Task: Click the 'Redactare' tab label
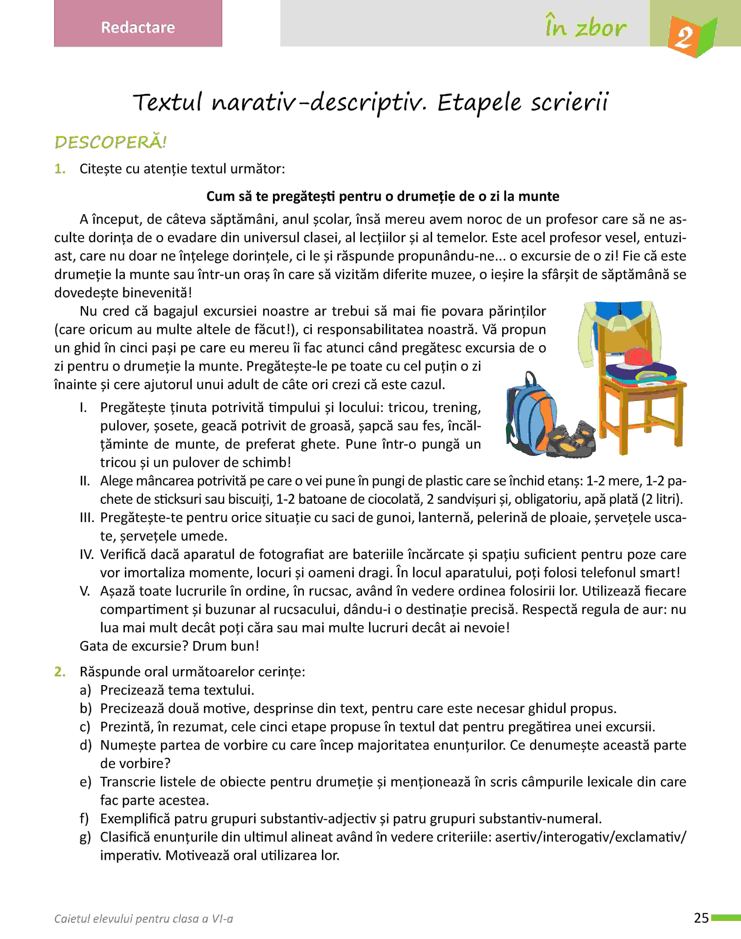coord(138,27)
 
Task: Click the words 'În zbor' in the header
coord(586,27)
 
